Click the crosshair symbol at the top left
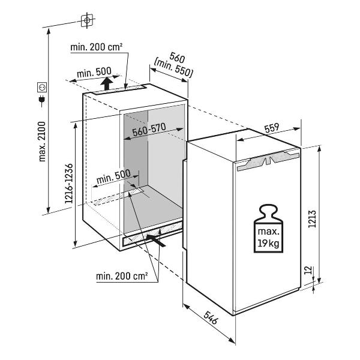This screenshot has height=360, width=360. click(88, 20)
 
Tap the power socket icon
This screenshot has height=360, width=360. click(43, 88)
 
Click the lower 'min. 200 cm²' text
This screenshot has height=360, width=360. click(122, 276)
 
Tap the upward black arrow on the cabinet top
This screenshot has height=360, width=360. click(106, 83)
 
